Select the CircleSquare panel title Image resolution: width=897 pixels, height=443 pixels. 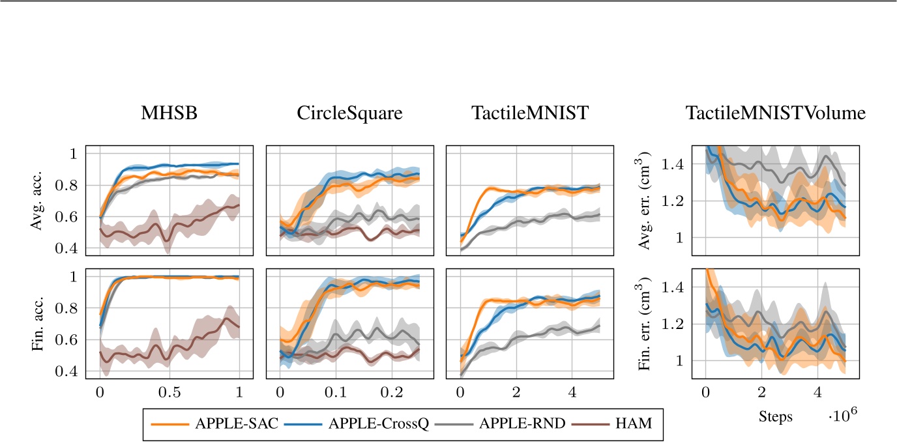349,113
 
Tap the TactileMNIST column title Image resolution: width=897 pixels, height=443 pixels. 529,113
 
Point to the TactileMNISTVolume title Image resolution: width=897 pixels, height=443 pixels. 775,113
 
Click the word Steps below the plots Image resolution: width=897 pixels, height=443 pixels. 775,418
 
